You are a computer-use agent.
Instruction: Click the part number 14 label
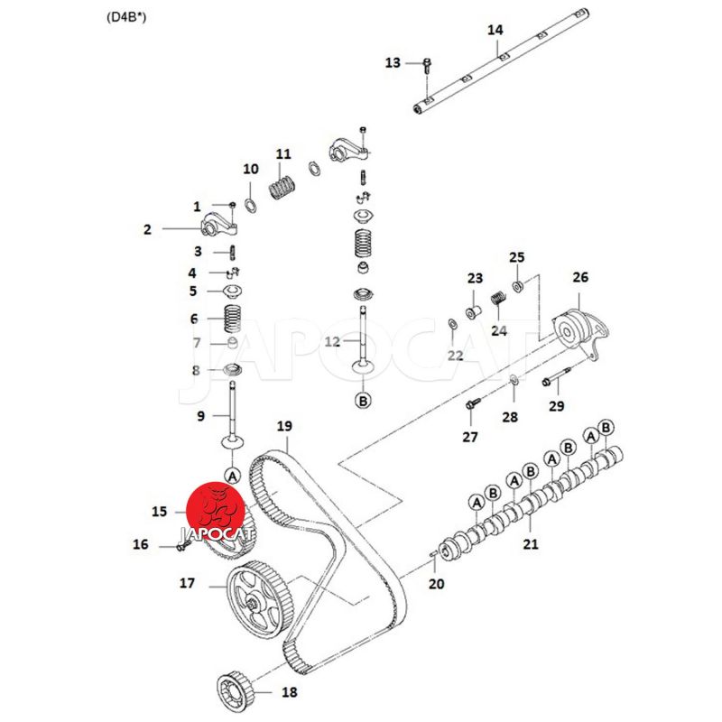(x=495, y=30)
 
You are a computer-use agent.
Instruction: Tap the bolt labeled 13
(x=427, y=64)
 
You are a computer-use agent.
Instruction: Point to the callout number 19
(x=285, y=426)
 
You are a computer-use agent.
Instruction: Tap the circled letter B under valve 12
(x=363, y=400)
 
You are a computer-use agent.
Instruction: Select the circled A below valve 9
(x=231, y=475)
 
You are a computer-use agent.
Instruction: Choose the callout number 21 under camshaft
(x=531, y=543)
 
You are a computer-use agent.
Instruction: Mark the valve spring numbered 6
(x=233, y=318)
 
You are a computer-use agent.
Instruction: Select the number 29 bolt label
(x=556, y=406)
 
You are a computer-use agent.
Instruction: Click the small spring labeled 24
(x=495, y=300)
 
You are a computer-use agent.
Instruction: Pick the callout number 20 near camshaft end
(x=437, y=584)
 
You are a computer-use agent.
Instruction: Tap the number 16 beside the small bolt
(x=141, y=544)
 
